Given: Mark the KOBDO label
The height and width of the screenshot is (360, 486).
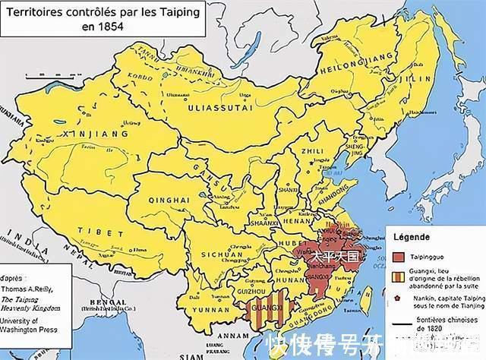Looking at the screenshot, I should point(146,77).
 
